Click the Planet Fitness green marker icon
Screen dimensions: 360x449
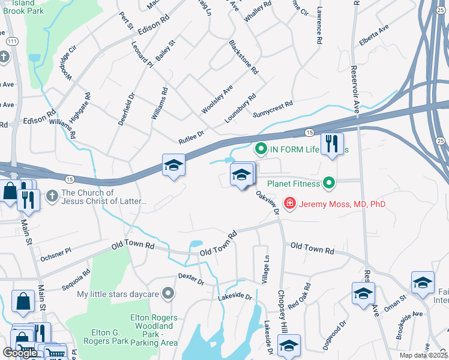(x=328, y=182)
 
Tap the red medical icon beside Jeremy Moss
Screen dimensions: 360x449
(x=290, y=204)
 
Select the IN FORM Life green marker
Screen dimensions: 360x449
(x=261, y=148)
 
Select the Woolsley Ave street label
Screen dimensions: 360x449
(x=217, y=100)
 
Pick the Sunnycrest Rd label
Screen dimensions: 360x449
(x=273, y=108)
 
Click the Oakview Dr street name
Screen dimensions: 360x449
(x=268, y=202)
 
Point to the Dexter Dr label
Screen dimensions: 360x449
(x=191, y=279)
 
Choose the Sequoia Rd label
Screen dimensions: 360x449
(x=77, y=279)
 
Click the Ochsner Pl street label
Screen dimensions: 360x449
(x=55, y=256)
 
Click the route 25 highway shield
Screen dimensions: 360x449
(x=441, y=140)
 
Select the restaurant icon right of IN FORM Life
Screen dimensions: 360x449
(x=331, y=145)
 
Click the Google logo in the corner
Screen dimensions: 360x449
(x=20, y=353)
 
